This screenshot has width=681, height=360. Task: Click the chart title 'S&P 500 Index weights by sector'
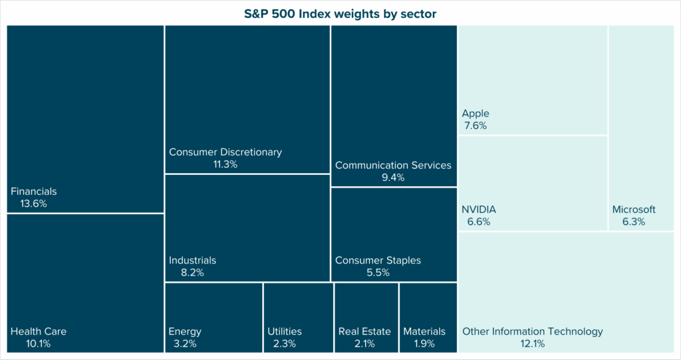coord(340,14)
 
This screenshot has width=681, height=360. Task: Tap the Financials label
coord(34,192)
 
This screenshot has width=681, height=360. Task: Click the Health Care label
coord(39,331)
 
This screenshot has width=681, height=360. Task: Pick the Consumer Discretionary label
coord(225,152)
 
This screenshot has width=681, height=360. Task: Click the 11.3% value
coord(225,164)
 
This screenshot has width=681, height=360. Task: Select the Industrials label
coord(192,260)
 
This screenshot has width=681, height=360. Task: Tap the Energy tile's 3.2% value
coord(185,343)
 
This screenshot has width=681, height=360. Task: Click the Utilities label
coord(285,331)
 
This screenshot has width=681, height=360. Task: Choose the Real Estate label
coord(364,331)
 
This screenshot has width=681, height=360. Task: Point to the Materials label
coord(424,331)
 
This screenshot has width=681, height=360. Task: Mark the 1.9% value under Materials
coord(424,343)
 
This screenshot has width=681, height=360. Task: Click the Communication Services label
coord(393,165)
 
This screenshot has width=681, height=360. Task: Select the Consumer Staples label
coord(378,260)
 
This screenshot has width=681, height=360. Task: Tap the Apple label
coord(476,114)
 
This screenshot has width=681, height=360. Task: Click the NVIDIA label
coord(479,210)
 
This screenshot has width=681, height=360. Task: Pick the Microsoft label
coord(634,210)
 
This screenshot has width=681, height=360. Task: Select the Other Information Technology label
coord(532,331)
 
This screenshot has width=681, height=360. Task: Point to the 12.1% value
coord(533,343)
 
